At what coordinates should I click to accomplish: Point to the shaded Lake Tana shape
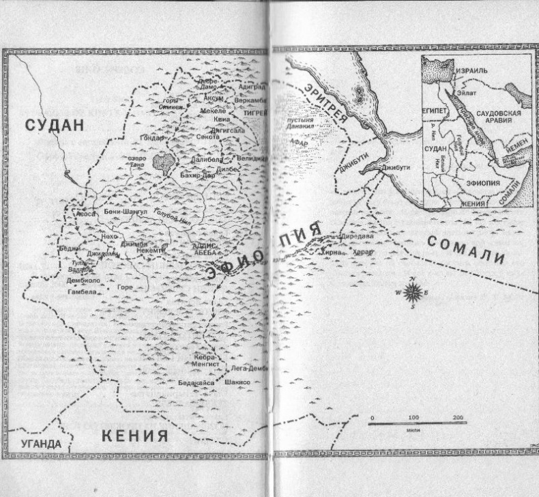163,162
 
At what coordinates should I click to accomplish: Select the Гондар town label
152,137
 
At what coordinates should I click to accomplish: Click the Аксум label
214,98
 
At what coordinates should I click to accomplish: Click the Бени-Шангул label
124,212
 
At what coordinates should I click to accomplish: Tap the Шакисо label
237,383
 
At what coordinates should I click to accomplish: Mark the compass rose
413,292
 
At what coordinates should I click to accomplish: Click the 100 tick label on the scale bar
414,416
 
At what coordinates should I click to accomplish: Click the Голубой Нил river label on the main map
173,218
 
